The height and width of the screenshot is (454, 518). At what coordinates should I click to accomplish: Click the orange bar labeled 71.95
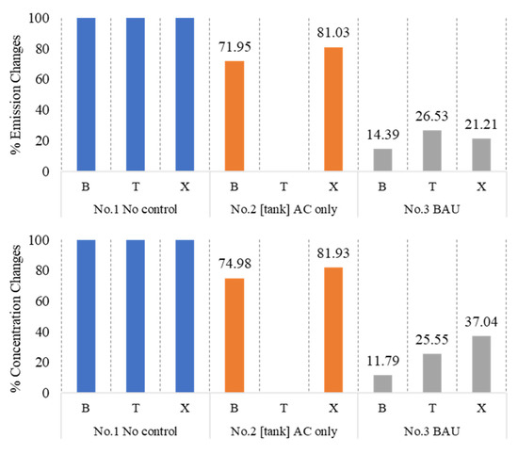[235, 116]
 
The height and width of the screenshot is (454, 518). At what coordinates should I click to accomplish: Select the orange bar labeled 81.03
[333, 109]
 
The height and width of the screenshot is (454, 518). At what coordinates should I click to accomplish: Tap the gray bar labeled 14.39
[383, 160]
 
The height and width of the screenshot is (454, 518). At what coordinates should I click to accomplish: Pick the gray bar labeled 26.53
[432, 151]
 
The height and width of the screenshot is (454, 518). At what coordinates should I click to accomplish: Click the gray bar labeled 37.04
[481, 365]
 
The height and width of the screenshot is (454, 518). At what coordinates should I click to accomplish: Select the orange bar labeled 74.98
[235, 335]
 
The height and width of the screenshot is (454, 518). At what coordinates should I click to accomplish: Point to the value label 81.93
[333, 253]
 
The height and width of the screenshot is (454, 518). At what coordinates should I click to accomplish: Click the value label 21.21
[481, 124]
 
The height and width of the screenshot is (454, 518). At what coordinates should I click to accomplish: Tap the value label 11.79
[383, 361]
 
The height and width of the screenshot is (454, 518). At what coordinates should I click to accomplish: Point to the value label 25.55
[431, 340]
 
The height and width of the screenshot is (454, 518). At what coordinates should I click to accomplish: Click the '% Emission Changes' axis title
[15, 95]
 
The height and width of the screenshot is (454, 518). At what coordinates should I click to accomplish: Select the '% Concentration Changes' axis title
[15, 318]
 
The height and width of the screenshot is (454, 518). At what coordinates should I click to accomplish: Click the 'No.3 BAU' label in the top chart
[431, 209]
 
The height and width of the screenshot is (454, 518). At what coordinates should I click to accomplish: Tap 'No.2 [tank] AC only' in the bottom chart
[283, 431]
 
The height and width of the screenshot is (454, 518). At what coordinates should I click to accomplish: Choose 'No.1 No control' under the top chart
[136, 209]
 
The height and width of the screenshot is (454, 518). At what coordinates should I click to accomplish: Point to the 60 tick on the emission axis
[42, 79]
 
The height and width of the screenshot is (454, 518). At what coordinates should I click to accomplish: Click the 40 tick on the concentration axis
[42, 332]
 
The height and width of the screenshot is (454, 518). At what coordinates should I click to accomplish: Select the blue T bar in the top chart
[136, 94]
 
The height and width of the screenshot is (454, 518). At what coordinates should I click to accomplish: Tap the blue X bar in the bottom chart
[185, 316]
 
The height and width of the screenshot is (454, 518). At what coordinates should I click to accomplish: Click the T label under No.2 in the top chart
[283, 187]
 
